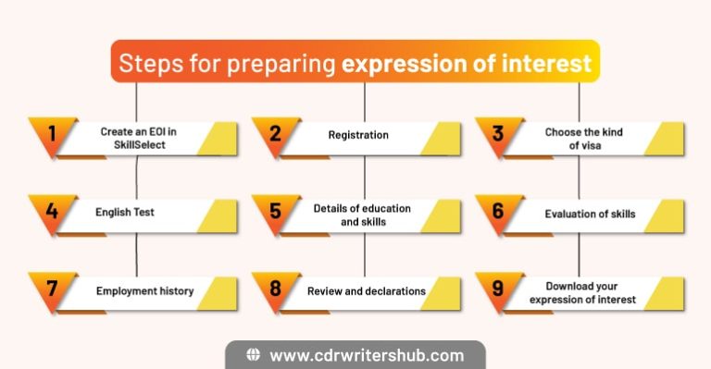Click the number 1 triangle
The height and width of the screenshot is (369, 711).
[52, 134]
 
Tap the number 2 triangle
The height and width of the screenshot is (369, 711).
[275, 134]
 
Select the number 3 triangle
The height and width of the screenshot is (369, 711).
[498, 134]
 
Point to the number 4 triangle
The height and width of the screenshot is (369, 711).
[52, 212]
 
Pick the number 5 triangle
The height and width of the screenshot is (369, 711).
[275, 212]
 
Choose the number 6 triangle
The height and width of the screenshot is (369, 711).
[498, 212]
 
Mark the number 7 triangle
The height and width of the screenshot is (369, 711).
[52, 289]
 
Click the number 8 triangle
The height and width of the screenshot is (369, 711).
[275, 289]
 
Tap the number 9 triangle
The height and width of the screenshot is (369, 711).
[498, 289]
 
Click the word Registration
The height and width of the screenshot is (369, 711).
[358, 135]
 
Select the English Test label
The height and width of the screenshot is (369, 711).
[125, 213]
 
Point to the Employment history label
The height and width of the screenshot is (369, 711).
[144, 290]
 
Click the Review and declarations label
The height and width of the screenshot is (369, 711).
[367, 290]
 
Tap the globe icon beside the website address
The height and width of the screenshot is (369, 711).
[253, 355]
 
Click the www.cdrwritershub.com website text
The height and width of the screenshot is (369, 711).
[366, 355]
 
